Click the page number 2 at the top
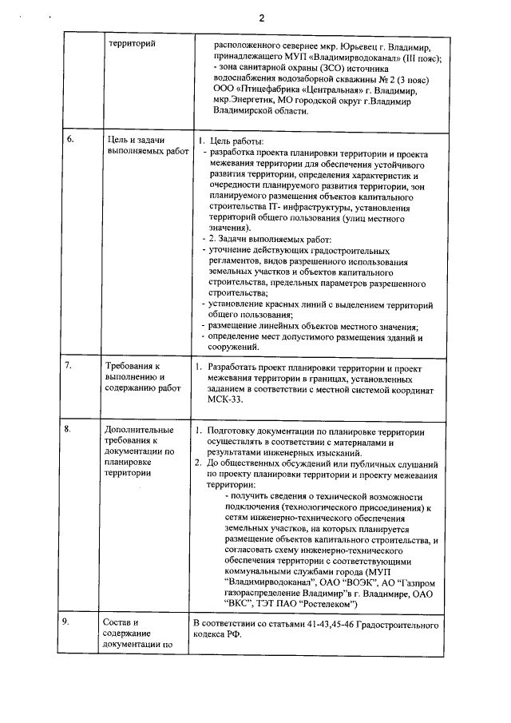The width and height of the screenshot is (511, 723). (x=261, y=17)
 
